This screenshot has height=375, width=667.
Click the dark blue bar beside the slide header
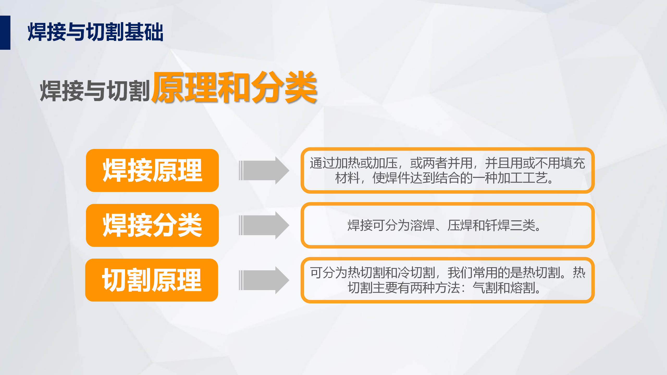click(5, 33)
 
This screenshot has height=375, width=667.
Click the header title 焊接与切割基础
click(95, 32)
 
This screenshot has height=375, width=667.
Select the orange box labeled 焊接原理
click(152, 171)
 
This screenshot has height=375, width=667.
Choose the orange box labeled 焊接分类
click(152, 225)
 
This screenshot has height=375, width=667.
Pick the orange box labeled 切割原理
click(152, 280)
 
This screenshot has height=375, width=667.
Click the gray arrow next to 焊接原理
click(264, 171)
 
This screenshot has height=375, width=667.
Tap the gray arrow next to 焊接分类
click(264, 225)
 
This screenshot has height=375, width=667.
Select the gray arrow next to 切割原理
click(264, 280)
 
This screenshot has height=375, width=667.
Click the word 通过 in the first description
click(322, 163)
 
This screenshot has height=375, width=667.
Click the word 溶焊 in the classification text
click(423, 225)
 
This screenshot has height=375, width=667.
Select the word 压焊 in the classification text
click(460, 225)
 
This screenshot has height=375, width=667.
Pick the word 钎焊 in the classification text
click(498, 225)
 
